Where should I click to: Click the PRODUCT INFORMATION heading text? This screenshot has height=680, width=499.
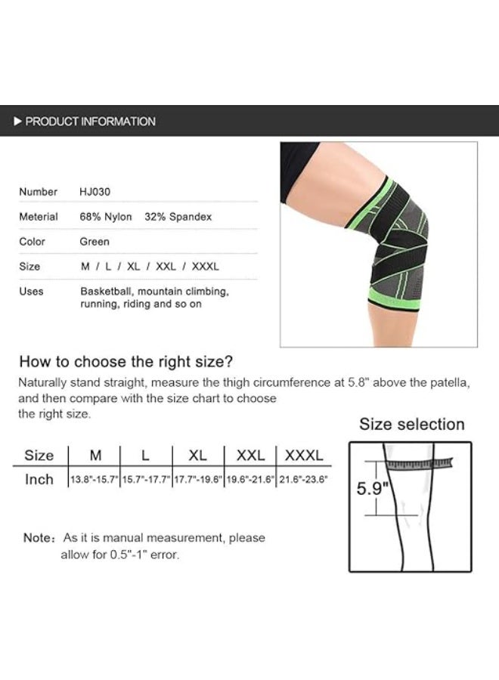tap(91, 121)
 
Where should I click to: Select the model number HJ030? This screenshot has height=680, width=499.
tap(95, 192)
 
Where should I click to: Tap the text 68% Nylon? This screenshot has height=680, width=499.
tap(106, 217)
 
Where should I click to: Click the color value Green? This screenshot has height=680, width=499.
tap(95, 242)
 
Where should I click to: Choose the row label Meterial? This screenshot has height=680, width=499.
tap(39, 217)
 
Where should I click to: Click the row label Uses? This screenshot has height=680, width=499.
tap(31, 291)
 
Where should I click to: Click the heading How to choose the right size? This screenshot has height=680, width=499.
tap(126, 361)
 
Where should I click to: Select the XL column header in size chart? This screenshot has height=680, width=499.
tap(197, 455)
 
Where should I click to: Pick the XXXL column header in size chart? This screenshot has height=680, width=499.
tap(303, 455)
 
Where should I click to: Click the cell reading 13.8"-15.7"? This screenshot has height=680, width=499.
tap(94, 480)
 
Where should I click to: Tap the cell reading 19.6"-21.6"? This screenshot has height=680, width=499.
tap(249, 480)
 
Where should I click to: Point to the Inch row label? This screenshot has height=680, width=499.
tap(39, 480)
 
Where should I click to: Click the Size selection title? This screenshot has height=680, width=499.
tap(411, 424)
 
